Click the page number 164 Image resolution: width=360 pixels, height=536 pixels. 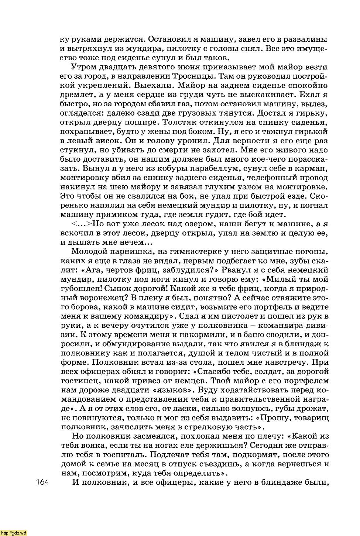[43, 482]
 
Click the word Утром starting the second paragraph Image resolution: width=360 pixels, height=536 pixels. [84, 67]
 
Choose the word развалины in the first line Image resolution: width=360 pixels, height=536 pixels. [307, 39]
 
